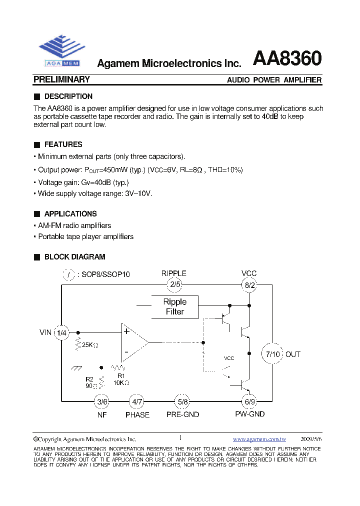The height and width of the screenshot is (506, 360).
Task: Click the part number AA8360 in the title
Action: [287, 59]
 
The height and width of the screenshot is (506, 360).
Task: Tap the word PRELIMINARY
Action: [61, 79]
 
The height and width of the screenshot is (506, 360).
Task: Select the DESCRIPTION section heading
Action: [68, 96]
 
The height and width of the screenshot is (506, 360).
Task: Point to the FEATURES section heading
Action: [63, 144]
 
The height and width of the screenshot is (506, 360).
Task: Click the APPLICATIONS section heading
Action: [70, 213]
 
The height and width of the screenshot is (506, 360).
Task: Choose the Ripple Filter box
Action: [175, 306]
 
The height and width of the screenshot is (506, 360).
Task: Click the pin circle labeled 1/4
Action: [61, 332]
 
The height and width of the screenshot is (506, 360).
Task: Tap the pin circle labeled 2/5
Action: [174, 285]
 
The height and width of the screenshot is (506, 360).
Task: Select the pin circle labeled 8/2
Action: [249, 285]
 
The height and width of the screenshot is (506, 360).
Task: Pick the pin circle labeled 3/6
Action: [102, 401]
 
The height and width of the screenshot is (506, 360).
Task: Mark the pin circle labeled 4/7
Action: [137, 401]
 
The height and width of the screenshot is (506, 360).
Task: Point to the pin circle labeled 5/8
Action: [182, 401]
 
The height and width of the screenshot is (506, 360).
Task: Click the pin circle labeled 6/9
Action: [249, 401]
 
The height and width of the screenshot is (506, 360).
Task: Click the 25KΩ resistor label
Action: [89, 345]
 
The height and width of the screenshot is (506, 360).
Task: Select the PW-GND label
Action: [249, 414]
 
